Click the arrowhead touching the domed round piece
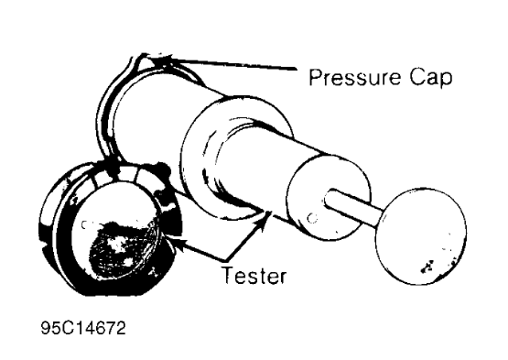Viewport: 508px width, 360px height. coord(174,243)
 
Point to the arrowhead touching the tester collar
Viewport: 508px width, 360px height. coord(265,213)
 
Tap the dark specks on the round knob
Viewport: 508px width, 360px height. coord(425,267)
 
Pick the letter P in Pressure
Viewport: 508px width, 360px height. coord(314,79)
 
